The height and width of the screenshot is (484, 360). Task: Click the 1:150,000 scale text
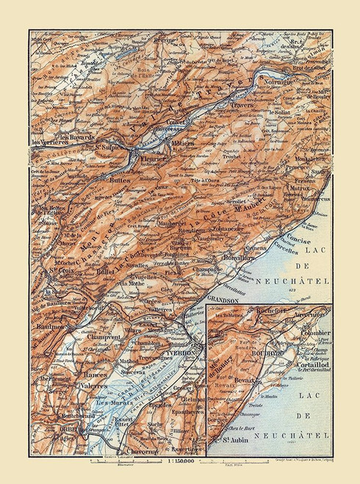click(x=178, y=461)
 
